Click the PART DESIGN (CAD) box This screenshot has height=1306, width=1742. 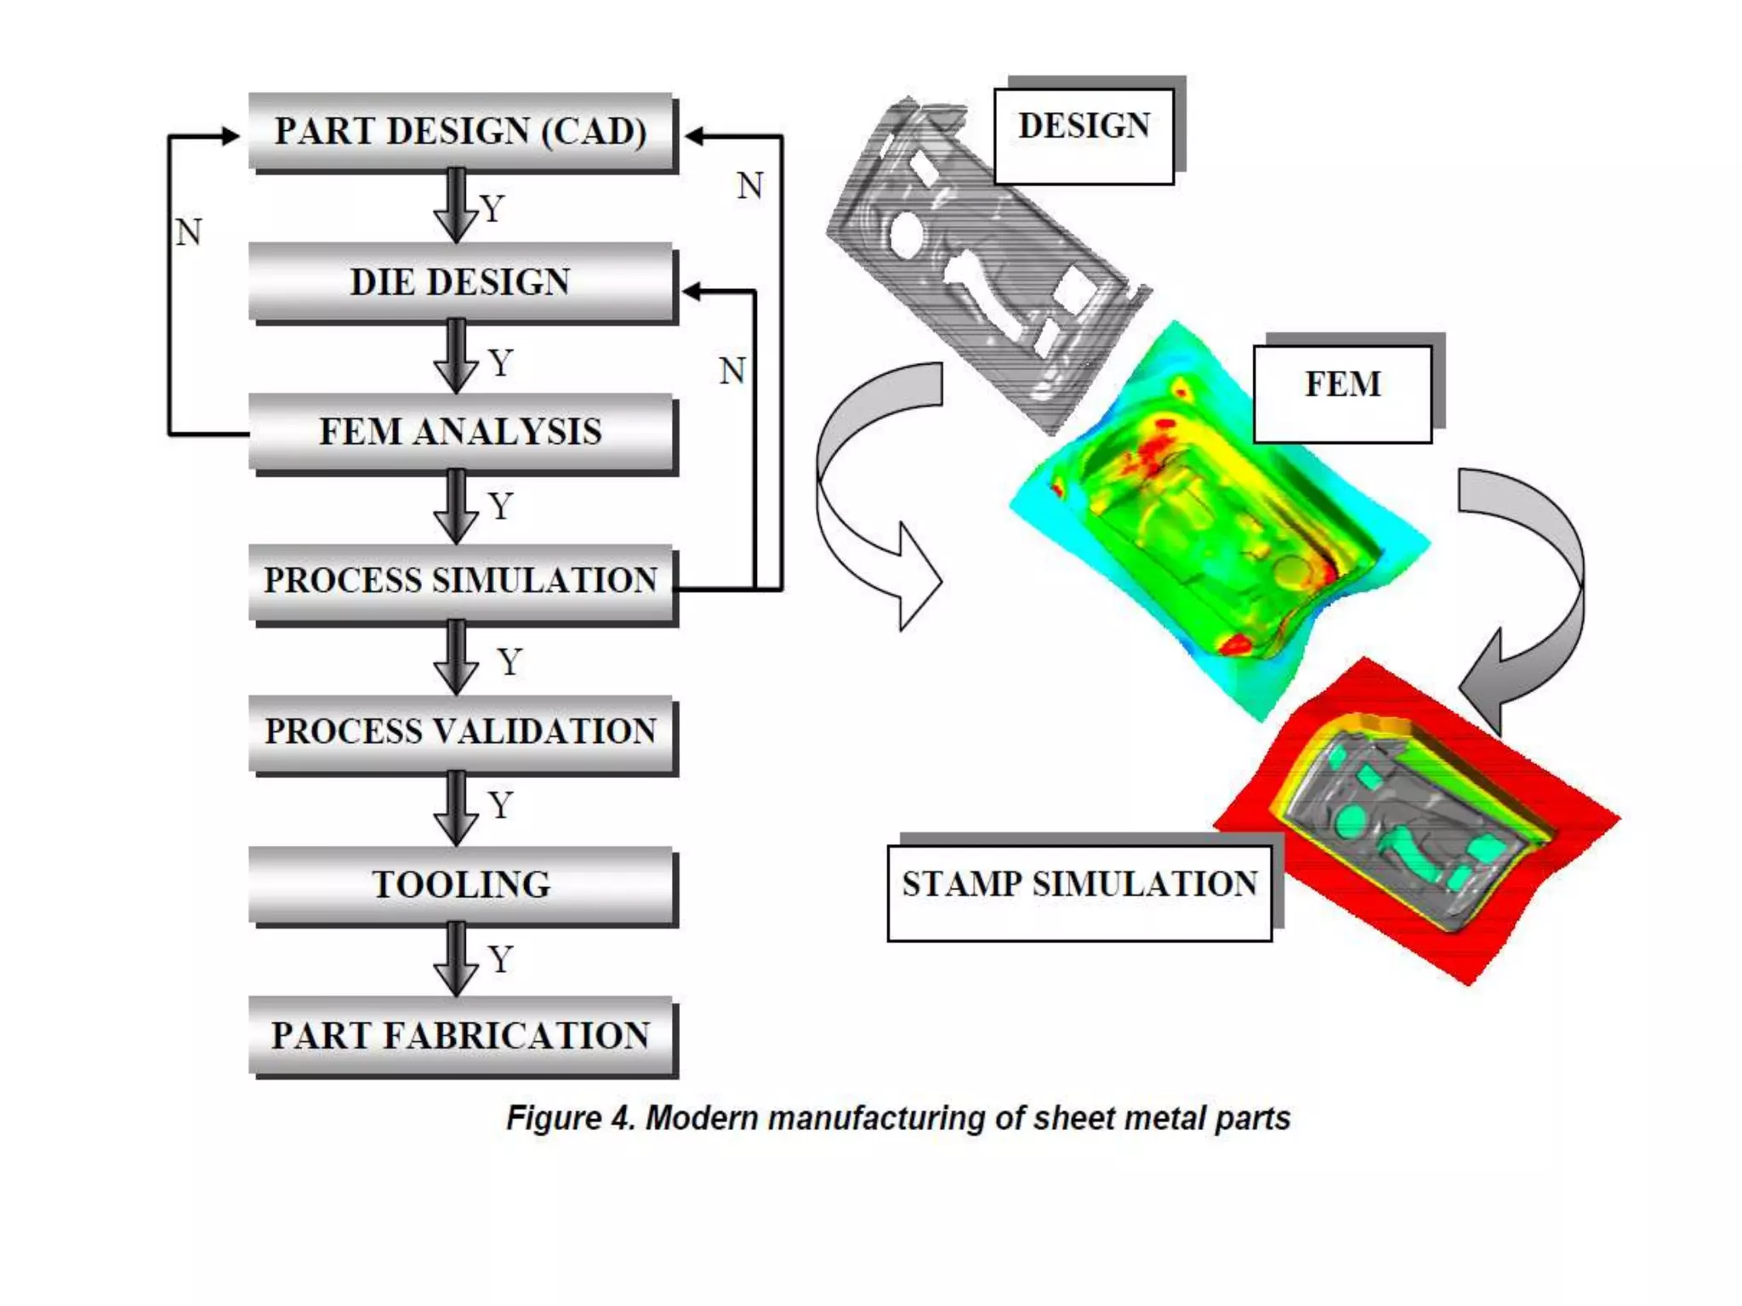(461, 132)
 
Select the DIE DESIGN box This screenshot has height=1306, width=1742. (461, 282)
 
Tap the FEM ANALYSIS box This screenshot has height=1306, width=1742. (461, 432)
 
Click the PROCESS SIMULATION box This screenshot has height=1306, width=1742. (461, 582)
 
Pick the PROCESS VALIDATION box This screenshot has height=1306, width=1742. (461, 732)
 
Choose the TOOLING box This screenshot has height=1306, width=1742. (461, 884)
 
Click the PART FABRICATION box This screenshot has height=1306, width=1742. (461, 1036)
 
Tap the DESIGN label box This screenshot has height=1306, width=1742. (1084, 136)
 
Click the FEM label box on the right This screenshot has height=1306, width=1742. (1342, 394)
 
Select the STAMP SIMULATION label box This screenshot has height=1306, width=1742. (1079, 893)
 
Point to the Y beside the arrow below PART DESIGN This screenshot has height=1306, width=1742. (492, 209)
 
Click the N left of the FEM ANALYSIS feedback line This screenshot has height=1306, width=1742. (188, 232)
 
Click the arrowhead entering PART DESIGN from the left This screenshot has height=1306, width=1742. (230, 135)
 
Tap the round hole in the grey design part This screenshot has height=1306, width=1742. (908, 234)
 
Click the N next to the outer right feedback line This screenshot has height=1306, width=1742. (749, 185)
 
